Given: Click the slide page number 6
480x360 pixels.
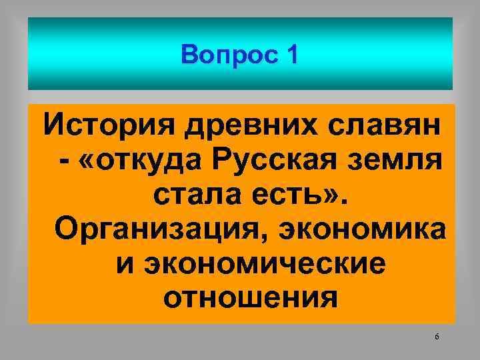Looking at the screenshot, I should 437,337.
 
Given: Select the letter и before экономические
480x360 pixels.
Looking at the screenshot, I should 123,265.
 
